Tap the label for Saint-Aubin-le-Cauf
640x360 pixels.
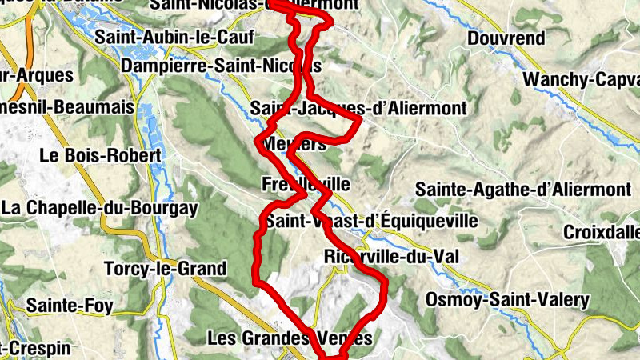174,37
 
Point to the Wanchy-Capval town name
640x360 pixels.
581,79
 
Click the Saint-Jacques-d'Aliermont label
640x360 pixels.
358,107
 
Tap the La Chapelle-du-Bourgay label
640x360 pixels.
99,208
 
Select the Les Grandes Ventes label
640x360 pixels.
290,338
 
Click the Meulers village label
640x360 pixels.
294,144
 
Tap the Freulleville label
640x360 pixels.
306,184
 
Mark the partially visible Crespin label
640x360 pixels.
36,349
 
